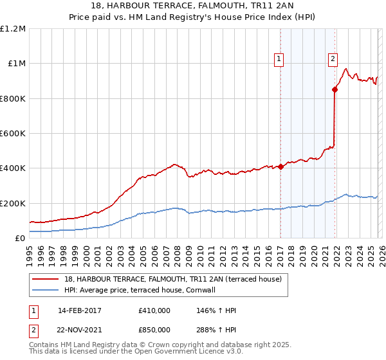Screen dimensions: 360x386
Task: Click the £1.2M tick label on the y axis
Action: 13,29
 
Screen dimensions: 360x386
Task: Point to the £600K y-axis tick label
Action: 13,134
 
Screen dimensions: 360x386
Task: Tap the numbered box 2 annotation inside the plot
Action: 333,59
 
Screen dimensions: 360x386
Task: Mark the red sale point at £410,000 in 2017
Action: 280,166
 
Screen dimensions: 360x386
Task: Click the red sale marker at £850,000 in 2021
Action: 335,90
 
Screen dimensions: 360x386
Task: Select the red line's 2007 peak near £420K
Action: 174,165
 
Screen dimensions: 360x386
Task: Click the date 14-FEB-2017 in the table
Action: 80,310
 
